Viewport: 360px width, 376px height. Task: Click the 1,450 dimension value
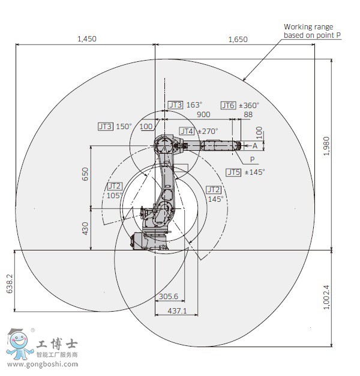(x=86, y=39)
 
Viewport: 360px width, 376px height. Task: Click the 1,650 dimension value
(x=238, y=39)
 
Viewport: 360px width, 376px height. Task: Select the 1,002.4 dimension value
(x=326, y=297)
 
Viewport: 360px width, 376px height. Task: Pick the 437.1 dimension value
(x=176, y=311)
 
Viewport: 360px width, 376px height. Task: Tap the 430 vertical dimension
(x=85, y=228)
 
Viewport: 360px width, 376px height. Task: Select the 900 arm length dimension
(x=203, y=114)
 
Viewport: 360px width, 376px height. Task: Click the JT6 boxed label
(x=228, y=105)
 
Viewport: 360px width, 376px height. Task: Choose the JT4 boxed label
(x=187, y=131)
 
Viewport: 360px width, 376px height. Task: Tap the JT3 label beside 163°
(x=175, y=105)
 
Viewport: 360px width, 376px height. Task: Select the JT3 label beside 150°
(x=106, y=126)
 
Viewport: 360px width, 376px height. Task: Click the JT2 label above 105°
(x=115, y=186)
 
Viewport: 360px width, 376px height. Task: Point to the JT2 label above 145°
(x=214, y=189)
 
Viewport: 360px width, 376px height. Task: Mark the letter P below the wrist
(x=252, y=159)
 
